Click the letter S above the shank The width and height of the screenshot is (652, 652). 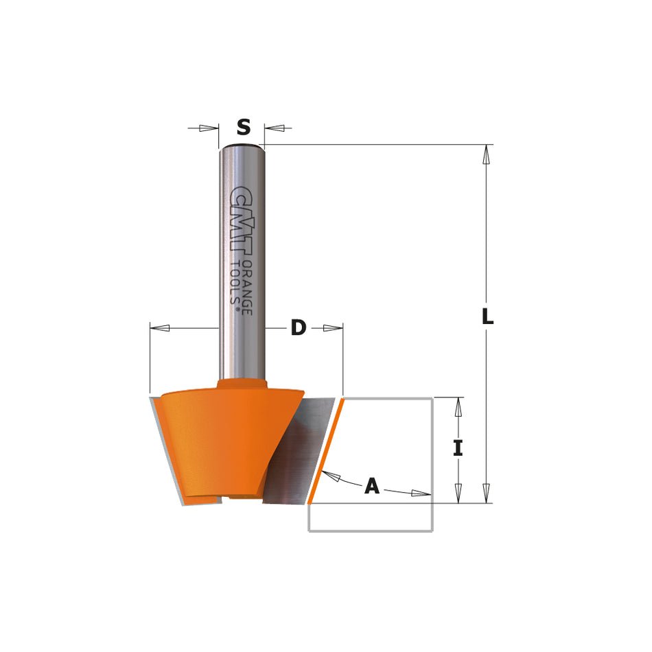point(243,127)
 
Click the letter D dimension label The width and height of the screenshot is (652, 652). point(298,328)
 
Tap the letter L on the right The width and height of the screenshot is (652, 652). point(487,317)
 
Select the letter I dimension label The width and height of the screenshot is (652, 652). point(458,448)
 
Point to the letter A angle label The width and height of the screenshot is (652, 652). point(371,486)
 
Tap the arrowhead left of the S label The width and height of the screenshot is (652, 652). point(207,128)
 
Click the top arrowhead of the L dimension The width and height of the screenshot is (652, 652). point(487,155)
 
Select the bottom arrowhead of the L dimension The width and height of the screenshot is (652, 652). point(487,492)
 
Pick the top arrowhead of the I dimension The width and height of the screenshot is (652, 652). point(458,407)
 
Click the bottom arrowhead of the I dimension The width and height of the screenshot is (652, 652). point(458,493)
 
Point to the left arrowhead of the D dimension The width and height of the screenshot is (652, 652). point(161,328)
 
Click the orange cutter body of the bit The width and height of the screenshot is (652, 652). point(220,439)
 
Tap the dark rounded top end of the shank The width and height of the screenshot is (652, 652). point(241,146)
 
